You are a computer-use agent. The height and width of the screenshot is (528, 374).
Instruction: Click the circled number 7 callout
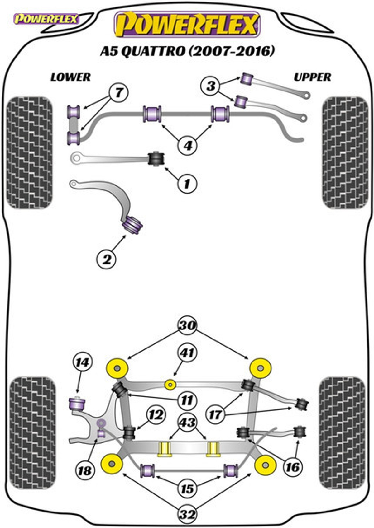118,92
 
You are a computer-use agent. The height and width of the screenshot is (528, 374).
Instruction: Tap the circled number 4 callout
188,145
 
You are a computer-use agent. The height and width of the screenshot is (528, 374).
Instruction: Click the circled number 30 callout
187,325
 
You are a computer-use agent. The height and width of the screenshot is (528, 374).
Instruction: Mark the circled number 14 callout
83,369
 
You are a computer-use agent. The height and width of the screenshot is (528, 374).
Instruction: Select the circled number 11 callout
187,400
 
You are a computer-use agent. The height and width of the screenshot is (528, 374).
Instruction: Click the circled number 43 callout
187,422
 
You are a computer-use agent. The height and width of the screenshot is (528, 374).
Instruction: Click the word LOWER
71,77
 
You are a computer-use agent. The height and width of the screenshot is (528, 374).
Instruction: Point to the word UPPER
312,77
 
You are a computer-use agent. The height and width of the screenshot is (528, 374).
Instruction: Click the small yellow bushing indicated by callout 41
170,385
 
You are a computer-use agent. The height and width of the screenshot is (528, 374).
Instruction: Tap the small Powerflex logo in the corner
46,19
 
